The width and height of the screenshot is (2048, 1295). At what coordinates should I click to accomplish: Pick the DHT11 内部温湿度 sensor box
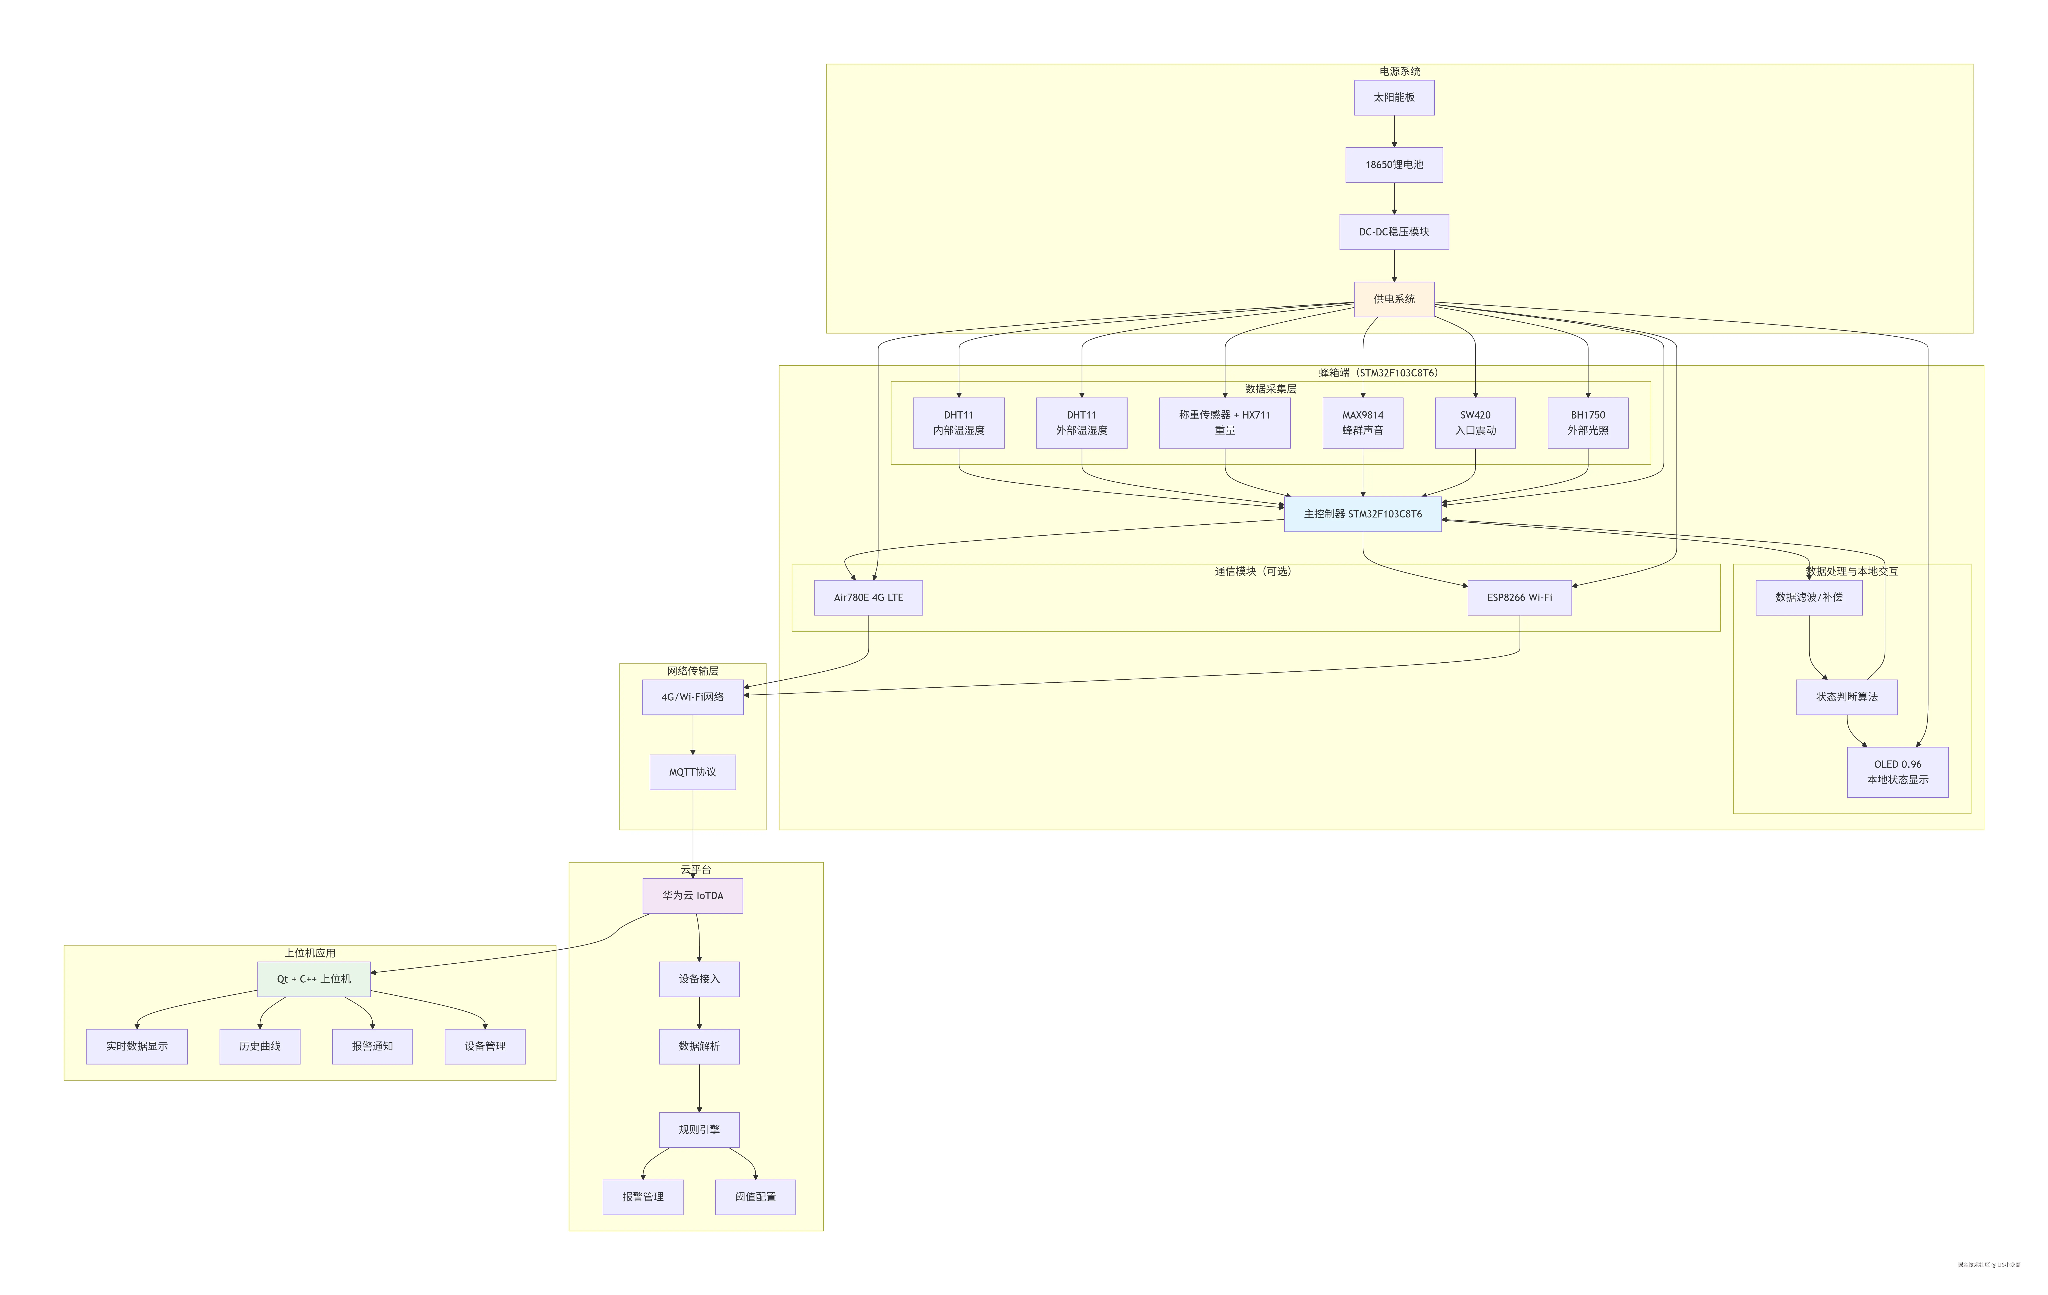(958, 423)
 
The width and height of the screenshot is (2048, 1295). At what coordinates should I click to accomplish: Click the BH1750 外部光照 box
(1587, 423)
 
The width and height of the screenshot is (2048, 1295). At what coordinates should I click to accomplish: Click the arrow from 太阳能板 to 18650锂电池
(1394, 132)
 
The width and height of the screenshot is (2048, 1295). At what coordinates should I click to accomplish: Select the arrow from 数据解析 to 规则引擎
(699, 1088)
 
